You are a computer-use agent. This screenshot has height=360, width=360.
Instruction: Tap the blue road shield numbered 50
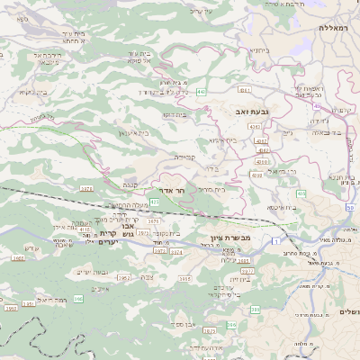coord(350,208)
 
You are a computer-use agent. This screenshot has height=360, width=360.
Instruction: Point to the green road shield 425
coord(155,202)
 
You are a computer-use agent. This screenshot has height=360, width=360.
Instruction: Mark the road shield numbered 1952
coord(124,278)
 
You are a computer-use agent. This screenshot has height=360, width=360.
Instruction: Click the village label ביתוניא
coord(261,50)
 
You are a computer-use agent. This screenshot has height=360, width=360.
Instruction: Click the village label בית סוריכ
coord(210,189)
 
